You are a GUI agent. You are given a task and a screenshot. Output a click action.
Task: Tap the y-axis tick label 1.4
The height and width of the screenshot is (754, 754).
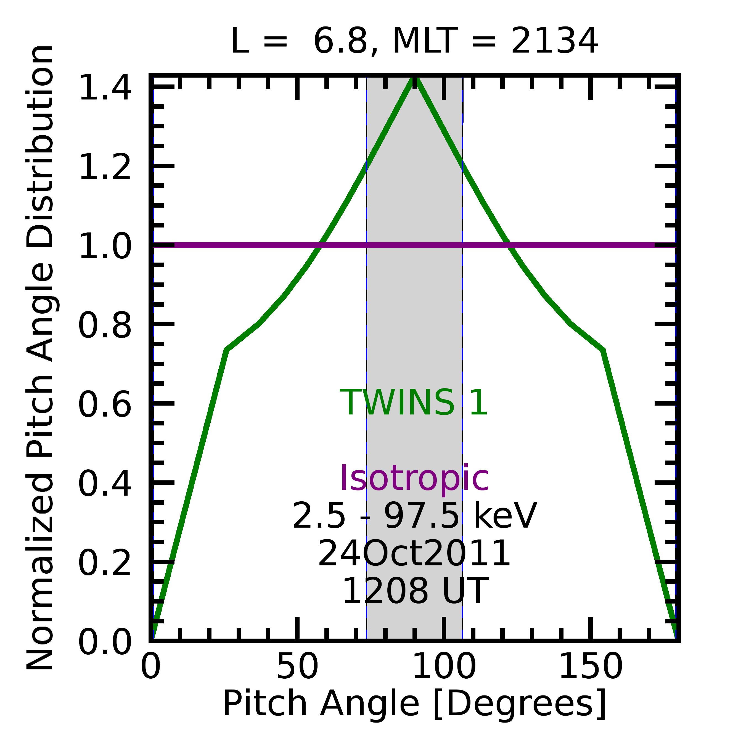click(x=105, y=88)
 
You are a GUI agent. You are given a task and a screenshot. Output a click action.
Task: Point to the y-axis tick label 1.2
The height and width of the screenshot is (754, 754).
click(x=105, y=167)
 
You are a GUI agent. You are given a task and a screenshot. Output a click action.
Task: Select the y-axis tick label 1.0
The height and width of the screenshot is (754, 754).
click(x=105, y=246)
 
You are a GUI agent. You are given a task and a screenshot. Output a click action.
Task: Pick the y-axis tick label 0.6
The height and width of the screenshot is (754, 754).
click(x=105, y=405)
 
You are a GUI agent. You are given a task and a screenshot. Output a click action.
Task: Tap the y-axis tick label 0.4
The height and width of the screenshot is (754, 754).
click(x=105, y=484)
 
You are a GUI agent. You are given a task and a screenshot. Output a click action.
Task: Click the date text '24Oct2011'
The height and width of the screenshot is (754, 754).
click(x=414, y=553)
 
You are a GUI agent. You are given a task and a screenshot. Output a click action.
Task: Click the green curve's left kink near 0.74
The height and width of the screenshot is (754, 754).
click(x=227, y=350)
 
